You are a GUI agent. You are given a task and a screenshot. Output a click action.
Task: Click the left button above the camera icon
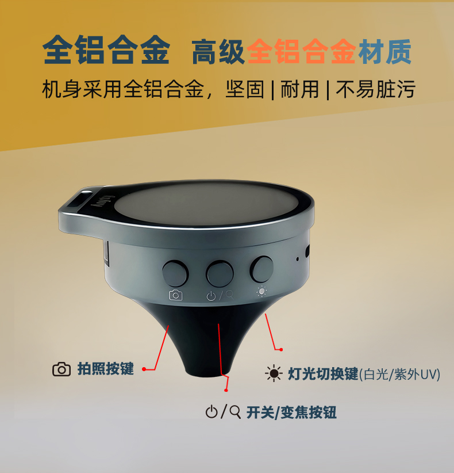175,273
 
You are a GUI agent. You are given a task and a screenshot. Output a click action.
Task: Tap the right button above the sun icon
261,269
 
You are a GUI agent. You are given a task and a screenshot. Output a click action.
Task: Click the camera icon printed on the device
176,295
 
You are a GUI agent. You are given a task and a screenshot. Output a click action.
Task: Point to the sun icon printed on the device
261,291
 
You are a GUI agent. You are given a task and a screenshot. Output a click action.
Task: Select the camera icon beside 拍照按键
61,369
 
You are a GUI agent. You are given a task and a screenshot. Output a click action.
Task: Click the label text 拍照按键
105,369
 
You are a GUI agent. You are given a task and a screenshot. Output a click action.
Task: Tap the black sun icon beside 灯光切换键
274,373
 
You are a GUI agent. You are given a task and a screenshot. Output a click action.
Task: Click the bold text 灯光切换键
323,374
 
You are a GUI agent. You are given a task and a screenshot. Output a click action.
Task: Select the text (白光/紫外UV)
399,375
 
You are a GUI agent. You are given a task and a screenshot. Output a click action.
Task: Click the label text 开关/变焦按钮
291,412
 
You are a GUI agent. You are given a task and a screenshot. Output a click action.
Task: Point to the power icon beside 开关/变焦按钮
211,412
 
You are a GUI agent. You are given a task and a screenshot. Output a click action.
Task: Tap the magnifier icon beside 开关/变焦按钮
235,412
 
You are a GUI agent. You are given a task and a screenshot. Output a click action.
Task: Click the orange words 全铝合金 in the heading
302,51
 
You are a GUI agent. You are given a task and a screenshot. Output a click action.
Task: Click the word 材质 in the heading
384,52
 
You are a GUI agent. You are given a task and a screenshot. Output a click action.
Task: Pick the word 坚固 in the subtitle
245,89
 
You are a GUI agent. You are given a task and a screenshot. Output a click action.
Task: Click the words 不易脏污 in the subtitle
376,89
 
